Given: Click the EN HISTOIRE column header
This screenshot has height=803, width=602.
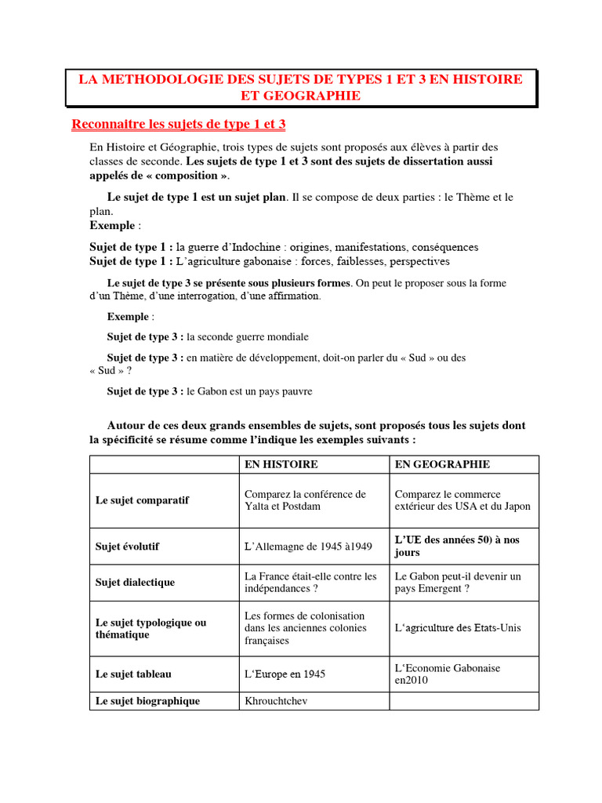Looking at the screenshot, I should (x=281, y=464).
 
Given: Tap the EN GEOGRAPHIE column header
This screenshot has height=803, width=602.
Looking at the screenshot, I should (x=442, y=464).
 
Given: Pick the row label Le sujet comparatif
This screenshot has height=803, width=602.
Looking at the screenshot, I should (x=142, y=500).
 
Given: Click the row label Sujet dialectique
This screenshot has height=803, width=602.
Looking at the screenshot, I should (x=135, y=583).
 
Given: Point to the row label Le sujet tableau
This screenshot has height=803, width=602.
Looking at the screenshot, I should (x=133, y=674).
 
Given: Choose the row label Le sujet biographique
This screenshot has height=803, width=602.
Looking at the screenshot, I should (x=147, y=701).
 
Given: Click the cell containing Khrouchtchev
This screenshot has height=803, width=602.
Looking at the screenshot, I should (x=276, y=701).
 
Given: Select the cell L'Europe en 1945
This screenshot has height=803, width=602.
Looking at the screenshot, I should (x=285, y=674).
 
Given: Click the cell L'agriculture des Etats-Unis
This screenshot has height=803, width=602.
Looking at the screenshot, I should (x=458, y=627).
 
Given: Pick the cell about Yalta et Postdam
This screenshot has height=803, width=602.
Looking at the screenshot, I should (x=305, y=500).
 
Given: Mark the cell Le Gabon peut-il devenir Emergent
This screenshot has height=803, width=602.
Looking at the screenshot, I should (x=458, y=582).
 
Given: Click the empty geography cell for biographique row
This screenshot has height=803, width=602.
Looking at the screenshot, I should (x=464, y=701).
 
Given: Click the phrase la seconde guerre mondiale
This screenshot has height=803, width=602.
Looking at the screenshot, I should (x=247, y=336).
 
